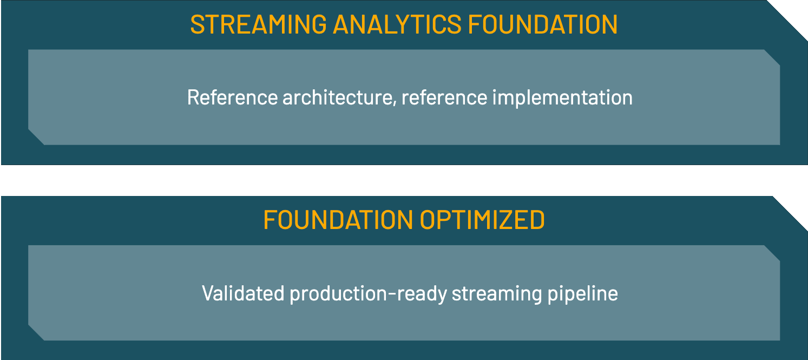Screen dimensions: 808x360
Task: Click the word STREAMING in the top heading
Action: pos(258,24)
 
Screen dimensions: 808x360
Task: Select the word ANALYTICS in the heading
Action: pos(397,24)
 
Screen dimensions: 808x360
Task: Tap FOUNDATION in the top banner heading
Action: pos(543,24)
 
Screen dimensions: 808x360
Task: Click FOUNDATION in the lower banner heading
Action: pos(338,220)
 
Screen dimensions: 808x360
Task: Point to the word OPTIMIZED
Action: pos(483,220)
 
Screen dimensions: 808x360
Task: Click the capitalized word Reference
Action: pos(233,97)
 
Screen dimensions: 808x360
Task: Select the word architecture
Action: pos(338,97)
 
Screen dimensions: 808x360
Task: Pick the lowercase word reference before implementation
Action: pos(444,98)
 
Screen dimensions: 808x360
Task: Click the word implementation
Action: pos(562,98)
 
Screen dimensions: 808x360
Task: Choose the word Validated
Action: pos(243,293)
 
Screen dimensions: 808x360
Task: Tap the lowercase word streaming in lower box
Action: pos(497,294)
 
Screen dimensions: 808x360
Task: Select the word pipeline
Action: pos(582,294)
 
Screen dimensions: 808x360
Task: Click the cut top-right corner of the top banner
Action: pos(787,21)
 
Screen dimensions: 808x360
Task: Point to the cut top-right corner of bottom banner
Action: pos(790,214)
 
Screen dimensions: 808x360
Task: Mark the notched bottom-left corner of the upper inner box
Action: pos(36,137)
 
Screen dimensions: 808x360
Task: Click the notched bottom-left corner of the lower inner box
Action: pos(36,332)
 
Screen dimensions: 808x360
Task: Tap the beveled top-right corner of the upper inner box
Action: pos(772,58)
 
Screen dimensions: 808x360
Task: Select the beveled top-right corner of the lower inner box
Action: pos(772,253)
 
